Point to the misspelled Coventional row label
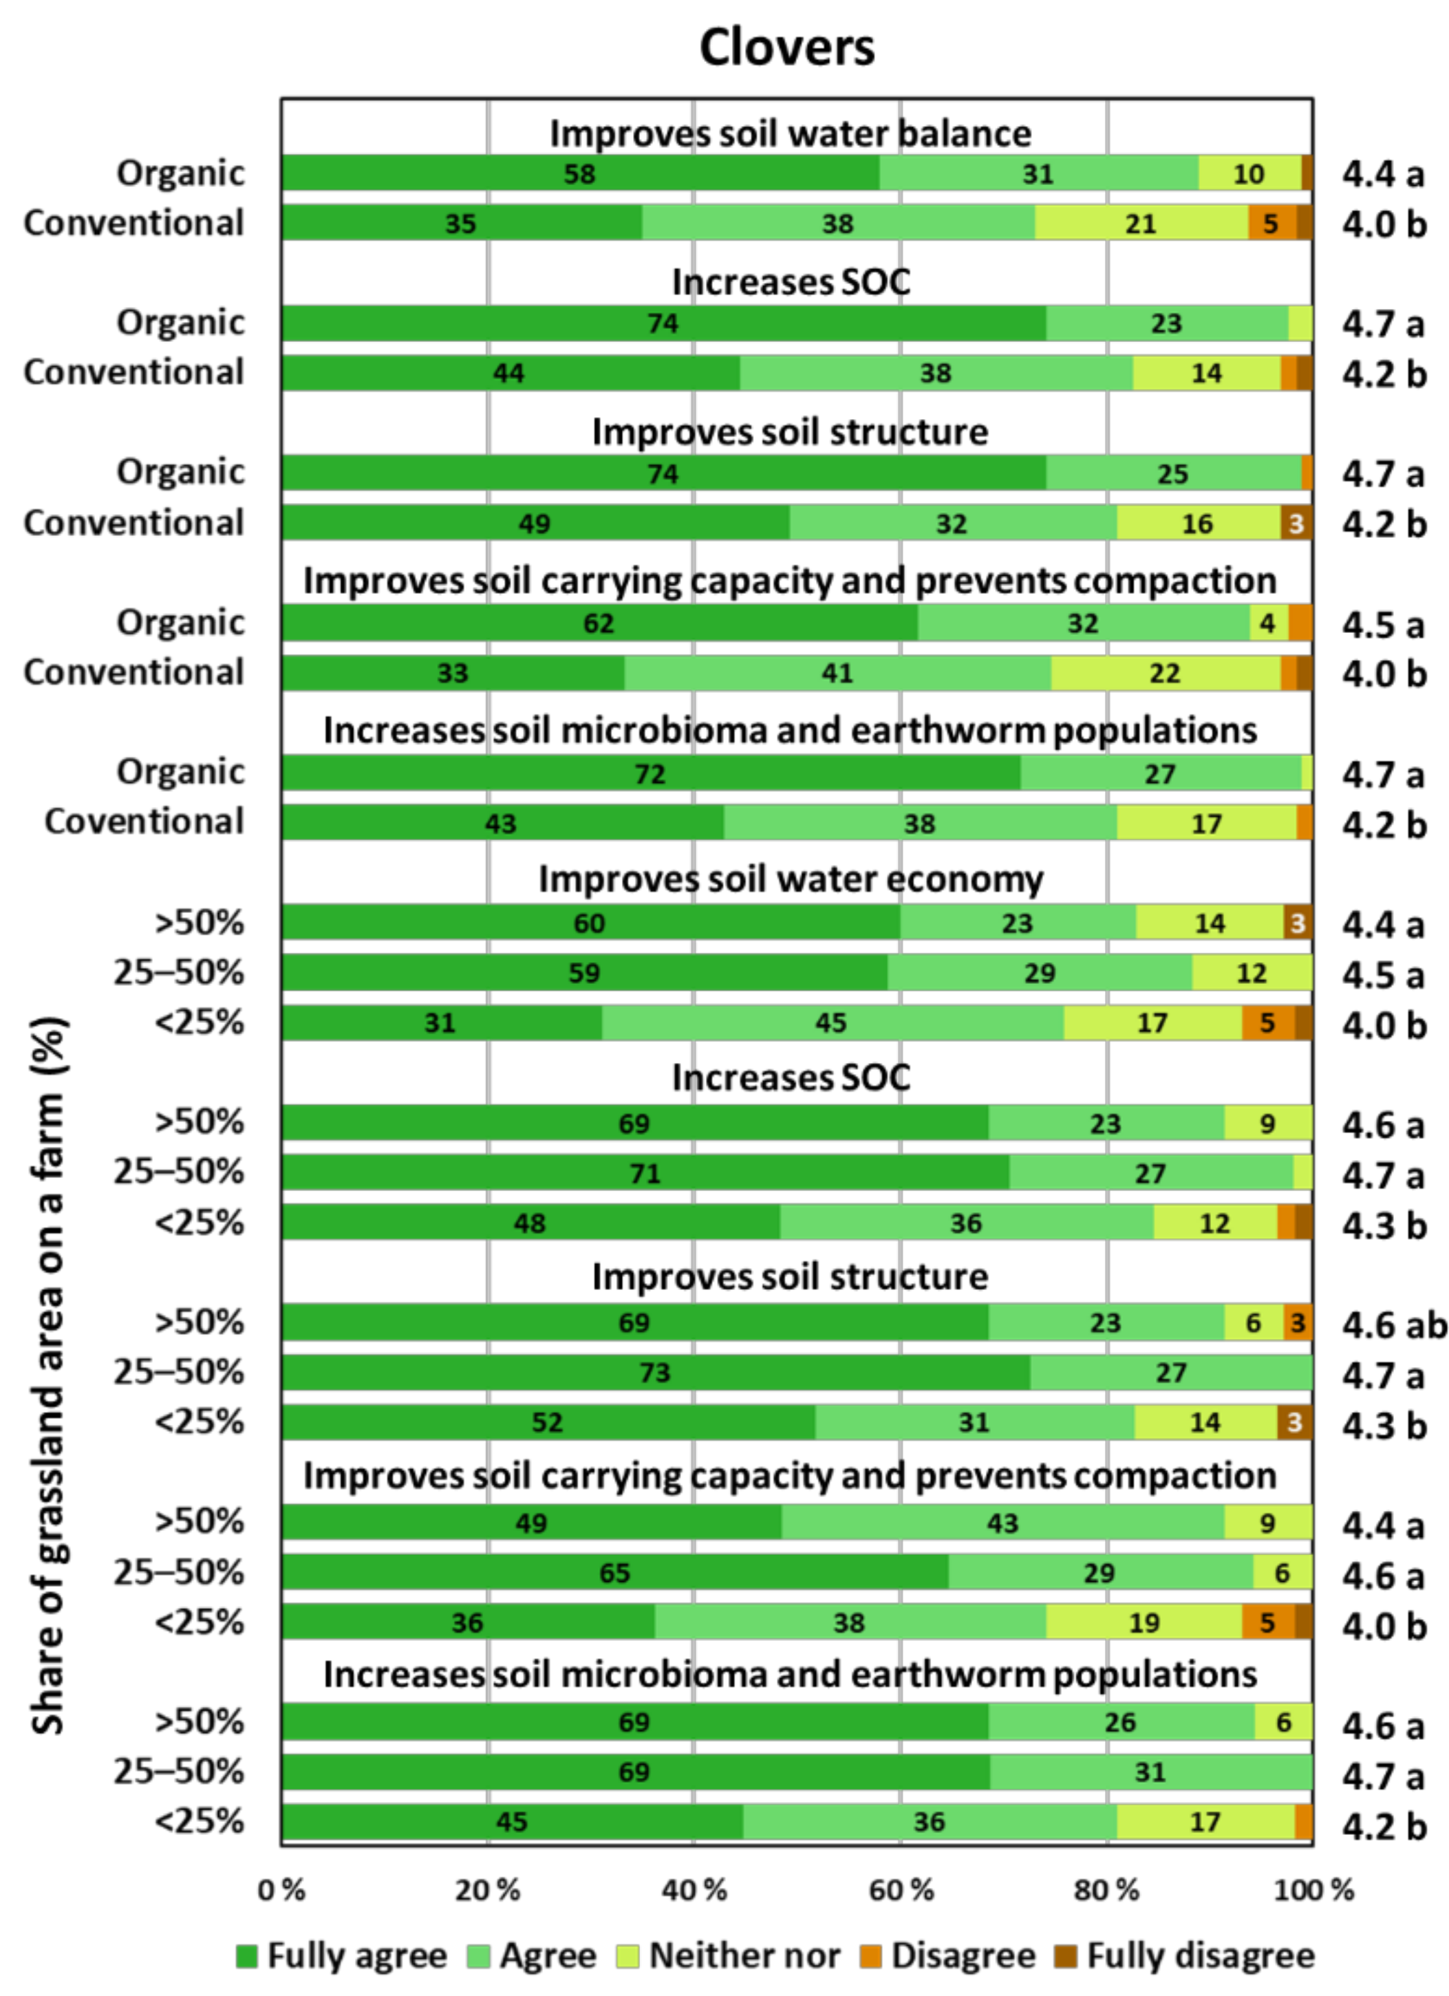click(x=144, y=821)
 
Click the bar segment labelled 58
click(x=579, y=173)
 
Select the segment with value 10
click(x=1248, y=173)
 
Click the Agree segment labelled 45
click(x=831, y=1022)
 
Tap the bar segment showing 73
click(x=655, y=1372)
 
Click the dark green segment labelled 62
click(x=599, y=623)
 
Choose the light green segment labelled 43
click(x=1002, y=1523)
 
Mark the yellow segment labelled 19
click(x=1144, y=1622)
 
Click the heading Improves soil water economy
click(x=790, y=879)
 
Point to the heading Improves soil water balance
click(x=790, y=133)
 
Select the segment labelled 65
click(x=614, y=1573)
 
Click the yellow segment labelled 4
click(x=1267, y=623)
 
